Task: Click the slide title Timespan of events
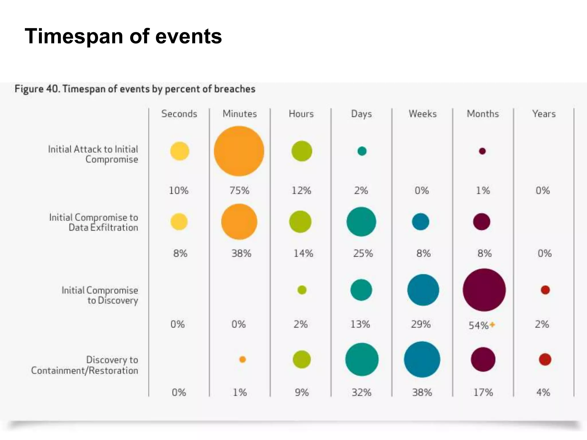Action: click(123, 36)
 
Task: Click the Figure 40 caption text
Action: click(135, 89)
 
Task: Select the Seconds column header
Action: click(179, 114)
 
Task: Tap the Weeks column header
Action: click(422, 114)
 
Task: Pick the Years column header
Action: click(544, 114)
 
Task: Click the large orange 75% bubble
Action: click(239, 151)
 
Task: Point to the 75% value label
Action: click(239, 190)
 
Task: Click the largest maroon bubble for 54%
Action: click(484, 290)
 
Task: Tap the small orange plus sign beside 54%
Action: click(492, 325)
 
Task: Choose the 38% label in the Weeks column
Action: click(422, 392)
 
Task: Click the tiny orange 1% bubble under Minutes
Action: click(242, 359)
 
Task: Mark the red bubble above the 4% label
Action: click(545, 359)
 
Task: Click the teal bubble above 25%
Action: click(361, 222)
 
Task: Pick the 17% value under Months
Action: click(483, 392)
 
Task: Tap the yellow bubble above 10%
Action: click(180, 151)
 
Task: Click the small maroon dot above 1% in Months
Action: click(482, 151)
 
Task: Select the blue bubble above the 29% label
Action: click(423, 290)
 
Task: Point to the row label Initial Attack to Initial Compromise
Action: click(93, 154)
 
